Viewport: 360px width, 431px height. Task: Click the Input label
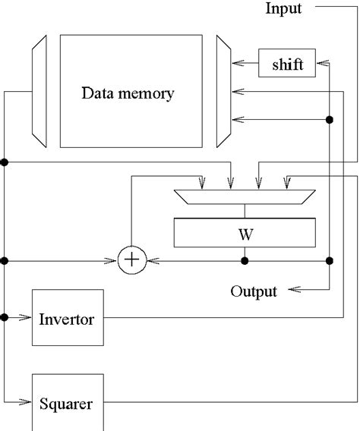click(x=283, y=9)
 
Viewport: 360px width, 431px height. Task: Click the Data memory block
click(x=128, y=92)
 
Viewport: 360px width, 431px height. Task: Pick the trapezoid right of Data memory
click(x=223, y=92)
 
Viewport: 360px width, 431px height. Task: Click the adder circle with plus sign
click(x=132, y=260)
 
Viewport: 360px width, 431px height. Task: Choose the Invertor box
click(x=66, y=319)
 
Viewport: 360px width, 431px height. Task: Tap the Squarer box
click(x=66, y=404)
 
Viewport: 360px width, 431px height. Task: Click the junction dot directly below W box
click(x=244, y=260)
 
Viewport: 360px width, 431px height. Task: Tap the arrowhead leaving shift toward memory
click(x=237, y=65)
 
